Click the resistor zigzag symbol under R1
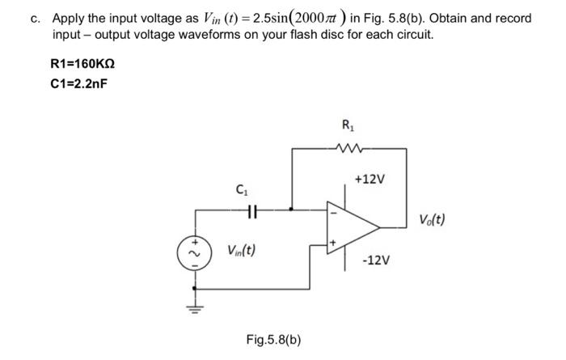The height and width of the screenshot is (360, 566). [348, 148]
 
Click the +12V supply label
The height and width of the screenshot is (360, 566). [369, 179]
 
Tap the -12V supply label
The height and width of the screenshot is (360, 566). [377, 260]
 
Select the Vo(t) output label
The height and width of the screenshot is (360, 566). [432, 219]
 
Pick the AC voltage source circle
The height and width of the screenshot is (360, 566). [192, 251]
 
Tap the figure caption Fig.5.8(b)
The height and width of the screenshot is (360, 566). [273, 339]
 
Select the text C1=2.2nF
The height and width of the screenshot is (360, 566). [78, 83]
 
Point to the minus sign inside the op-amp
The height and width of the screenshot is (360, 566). [331, 213]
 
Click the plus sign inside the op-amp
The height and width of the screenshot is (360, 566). [331, 241]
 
